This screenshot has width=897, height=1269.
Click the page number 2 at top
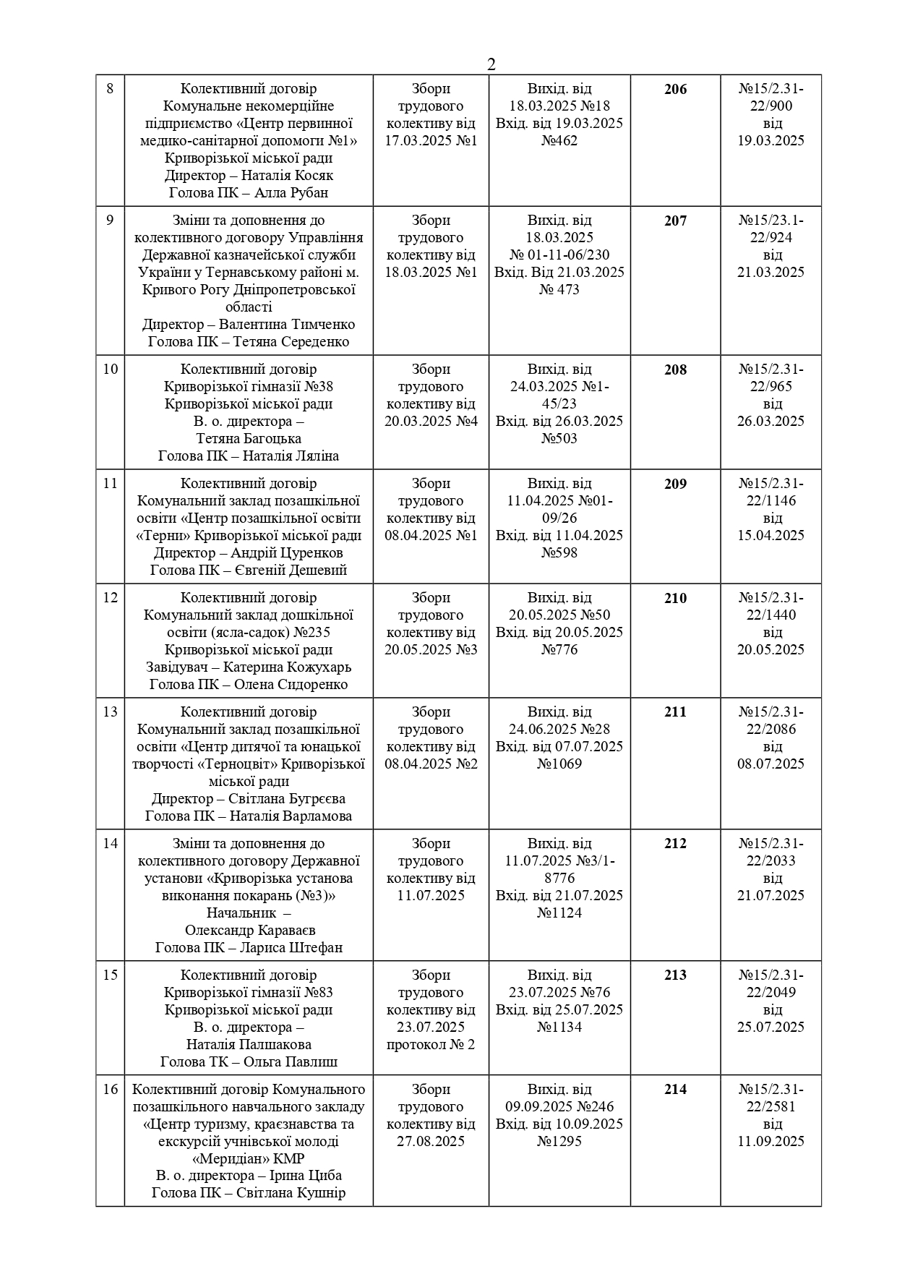tap(492, 64)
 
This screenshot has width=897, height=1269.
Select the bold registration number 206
tap(675, 90)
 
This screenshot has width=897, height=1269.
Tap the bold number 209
tap(675, 484)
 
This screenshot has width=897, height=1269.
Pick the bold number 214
tap(675, 1090)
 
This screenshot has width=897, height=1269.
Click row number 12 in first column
tap(110, 598)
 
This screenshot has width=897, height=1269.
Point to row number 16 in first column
tap(110, 1090)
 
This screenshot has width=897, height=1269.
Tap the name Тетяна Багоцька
tap(249, 439)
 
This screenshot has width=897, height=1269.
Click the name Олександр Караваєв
tap(250, 931)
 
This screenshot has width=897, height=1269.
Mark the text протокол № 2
tap(431, 1045)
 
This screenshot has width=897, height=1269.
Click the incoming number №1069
tap(559, 764)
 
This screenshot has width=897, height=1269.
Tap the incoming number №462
tap(559, 141)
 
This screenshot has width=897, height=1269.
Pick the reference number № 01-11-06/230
tap(559, 255)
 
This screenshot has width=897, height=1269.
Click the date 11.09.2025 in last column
tap(771, 1142)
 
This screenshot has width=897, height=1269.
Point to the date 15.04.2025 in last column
tap(771, 536)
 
